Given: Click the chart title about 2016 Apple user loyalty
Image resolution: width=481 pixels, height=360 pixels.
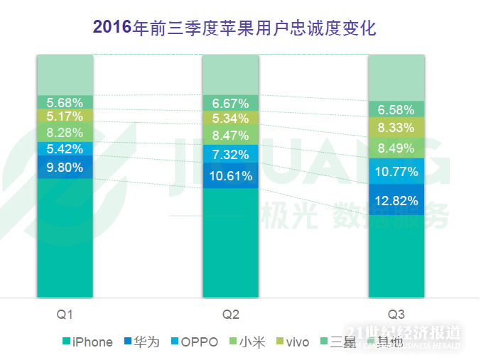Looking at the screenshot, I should tap(234, 28).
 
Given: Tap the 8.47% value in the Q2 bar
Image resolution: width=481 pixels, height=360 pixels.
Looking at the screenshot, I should tap(231, 135).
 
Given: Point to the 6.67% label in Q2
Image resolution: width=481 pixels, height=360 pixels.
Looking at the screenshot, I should tap(231, 104).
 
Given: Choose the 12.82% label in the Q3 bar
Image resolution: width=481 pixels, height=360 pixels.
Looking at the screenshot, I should tap(396, 201).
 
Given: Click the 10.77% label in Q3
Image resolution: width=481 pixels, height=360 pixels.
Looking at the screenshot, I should tap(396, 171).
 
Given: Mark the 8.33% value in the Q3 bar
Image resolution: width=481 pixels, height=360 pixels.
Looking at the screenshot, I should tap(396, 128).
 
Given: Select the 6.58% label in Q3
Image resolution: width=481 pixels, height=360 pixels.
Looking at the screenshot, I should tap(396, 109).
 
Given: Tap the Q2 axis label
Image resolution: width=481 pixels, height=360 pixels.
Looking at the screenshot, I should tap(231, 314).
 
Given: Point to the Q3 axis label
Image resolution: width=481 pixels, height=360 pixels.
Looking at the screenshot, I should tap(396, 314).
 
